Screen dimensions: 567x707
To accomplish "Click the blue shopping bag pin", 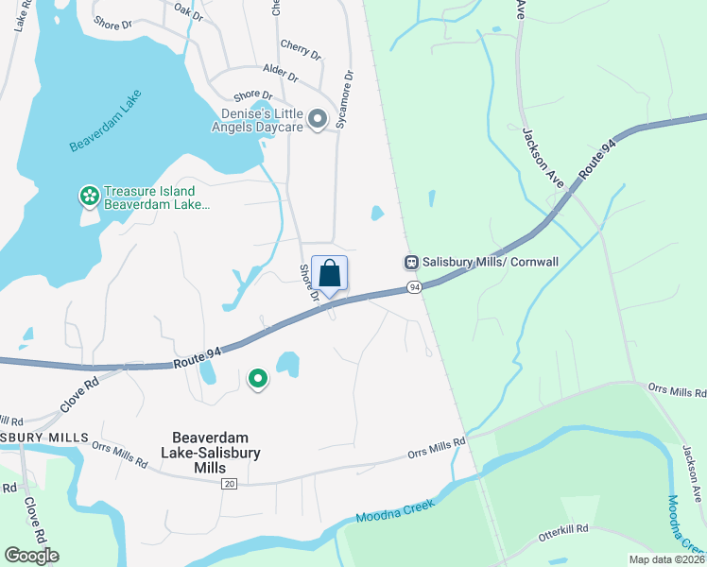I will (x=329, y=274).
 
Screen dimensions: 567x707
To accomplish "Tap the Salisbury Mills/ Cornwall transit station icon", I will (x=412, y=262).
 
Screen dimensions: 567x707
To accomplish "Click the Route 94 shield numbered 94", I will (x=414, y=286).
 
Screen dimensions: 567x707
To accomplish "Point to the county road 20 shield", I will (x=229, y=483).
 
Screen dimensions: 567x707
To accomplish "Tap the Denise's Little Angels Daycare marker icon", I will (x=319, y=119).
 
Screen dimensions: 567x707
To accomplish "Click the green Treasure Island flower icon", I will (x=89, y=197).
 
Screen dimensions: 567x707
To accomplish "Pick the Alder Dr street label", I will (x=281, y=75).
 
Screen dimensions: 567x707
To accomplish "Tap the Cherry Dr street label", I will (x=302, y=48).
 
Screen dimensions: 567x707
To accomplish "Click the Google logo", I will (x=31, y=555).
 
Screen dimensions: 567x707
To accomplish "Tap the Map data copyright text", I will (x=666, y=559).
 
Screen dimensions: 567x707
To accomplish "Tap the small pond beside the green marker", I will (x=286, y=363).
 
